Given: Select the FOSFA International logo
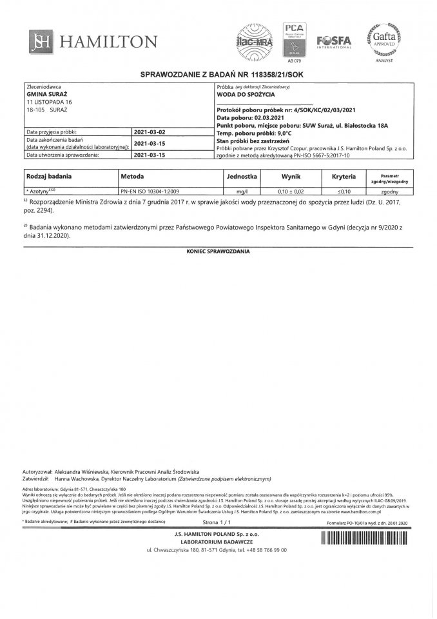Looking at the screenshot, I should click(333, 41).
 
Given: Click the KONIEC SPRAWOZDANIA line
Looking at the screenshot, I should click(218, 250).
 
